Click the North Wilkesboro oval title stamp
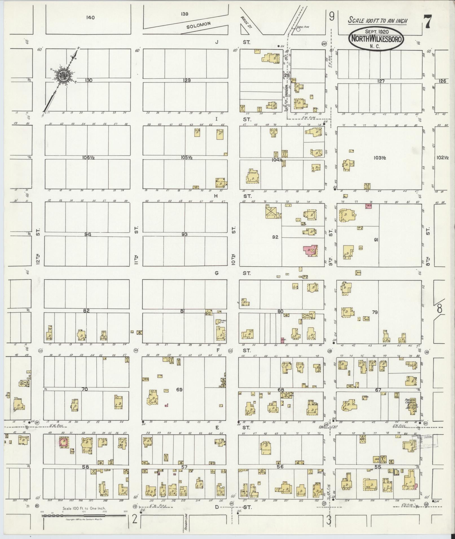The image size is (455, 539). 377,39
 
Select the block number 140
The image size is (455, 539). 91,17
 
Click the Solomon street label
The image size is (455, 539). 199,26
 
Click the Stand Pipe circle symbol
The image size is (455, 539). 298,29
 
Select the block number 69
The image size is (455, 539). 179,390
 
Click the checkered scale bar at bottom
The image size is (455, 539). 84,516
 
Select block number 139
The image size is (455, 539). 185,14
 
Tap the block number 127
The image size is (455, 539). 381,81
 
